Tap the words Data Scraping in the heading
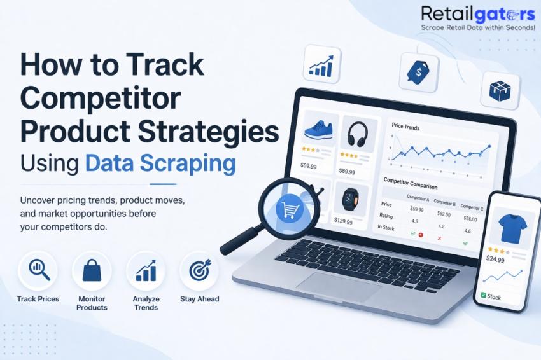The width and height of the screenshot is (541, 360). tap(160, 163)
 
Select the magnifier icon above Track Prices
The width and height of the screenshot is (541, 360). tap(38, 270)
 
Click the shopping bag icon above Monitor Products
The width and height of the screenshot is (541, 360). tap(92, 270)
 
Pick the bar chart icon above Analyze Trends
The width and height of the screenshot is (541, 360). tap(146, 270)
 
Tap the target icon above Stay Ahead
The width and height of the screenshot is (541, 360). tap(199, 270)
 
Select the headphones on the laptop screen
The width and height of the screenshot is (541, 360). tap(357, 134)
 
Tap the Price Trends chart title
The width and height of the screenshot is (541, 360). tap(405, 127)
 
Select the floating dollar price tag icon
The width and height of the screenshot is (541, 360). tap(418, 72)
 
